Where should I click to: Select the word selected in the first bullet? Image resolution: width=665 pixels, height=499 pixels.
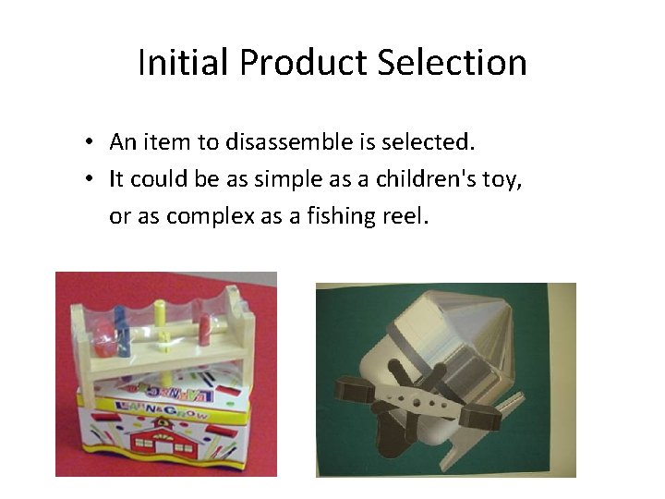click(434, 142)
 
